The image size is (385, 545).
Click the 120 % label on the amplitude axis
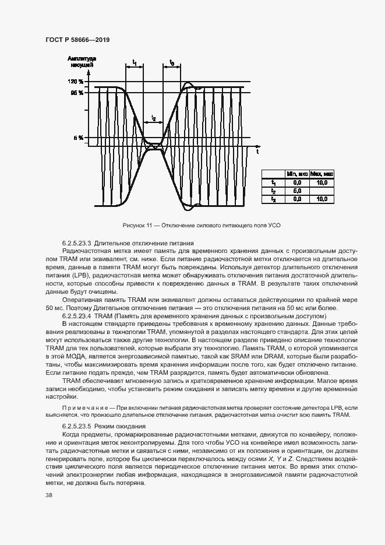click(x=76, y=82)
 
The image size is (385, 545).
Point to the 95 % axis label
click(x=77, y=93)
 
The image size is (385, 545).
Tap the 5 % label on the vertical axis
click(x=79, y=138)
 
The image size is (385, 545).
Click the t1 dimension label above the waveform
click(x=134, y=61)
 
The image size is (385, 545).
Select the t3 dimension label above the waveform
click(x=171, y=61)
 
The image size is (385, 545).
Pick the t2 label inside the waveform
click(x=153, y=118)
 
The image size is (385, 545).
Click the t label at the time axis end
click(x=257, y=151)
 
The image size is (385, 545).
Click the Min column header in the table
click(x=297, y=174)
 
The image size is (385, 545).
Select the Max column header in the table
click(x=323, y=174)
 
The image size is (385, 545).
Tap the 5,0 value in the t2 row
click(x=297, y=191)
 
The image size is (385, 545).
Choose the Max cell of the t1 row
click(x=323, y=182)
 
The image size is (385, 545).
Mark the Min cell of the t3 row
click(x=297, y=199)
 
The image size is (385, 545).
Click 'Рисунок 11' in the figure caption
click(x=138, y=224)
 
